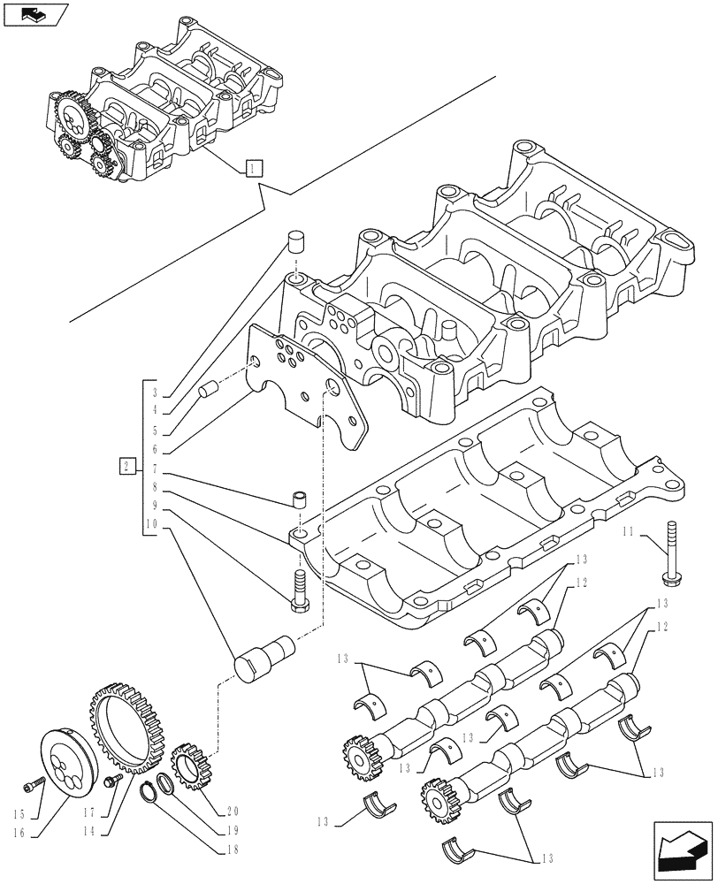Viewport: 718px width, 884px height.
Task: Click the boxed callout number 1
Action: click(x=253, y=167)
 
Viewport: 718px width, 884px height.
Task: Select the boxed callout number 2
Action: click(x=128, y=465)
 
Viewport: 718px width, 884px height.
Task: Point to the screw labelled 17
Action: click(x=112, y=780)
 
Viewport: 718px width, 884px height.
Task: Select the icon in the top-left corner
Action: click(x=35, y=14)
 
